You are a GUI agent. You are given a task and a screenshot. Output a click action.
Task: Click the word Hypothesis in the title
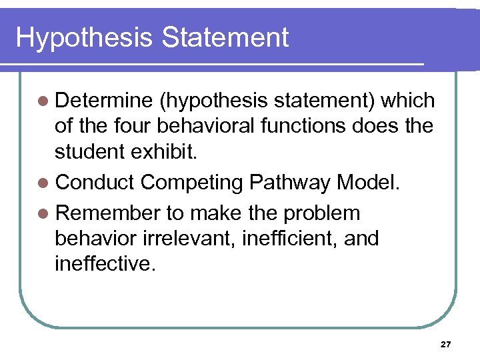pos(84,38)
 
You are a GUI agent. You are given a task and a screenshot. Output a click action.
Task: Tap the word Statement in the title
pos(225,37)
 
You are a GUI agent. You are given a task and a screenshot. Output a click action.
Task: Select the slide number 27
pos(446,345)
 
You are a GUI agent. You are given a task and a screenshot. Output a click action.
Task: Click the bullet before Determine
pos(43,101)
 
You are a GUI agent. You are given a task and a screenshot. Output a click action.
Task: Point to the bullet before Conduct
pos(43,182)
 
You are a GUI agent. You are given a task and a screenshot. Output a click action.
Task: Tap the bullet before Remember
pos(43,213)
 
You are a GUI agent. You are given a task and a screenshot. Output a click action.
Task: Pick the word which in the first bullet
pos(408,101)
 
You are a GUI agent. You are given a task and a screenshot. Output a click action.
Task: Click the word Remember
pos(108,213)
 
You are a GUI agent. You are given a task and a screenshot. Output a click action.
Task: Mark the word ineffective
pos(105,263)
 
